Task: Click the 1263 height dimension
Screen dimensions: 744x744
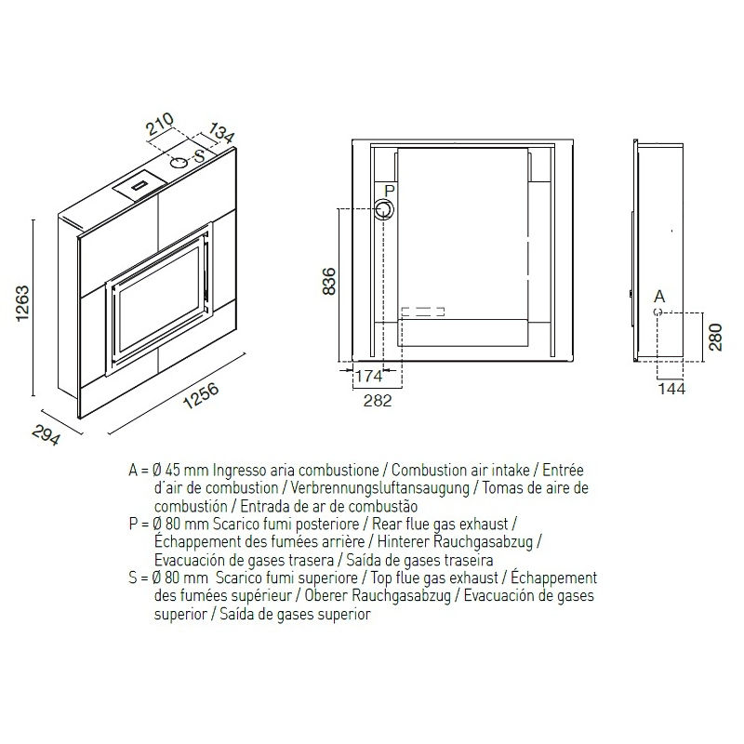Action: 22,304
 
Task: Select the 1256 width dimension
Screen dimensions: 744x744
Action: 201,395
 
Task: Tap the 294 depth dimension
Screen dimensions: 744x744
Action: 46,434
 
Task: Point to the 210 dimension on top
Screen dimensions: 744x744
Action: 159,125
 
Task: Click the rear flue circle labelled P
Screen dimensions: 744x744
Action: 383,209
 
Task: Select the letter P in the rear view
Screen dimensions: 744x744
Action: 390,191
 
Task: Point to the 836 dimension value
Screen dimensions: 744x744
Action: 329,282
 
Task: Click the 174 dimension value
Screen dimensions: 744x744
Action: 368,377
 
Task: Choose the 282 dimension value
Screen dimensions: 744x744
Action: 378,401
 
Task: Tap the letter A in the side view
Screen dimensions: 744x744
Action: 659,297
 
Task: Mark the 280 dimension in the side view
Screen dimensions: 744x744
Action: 715,337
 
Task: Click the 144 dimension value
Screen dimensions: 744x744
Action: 671,389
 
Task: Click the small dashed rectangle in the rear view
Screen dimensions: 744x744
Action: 423,312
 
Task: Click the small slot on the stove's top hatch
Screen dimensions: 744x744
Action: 141,185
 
